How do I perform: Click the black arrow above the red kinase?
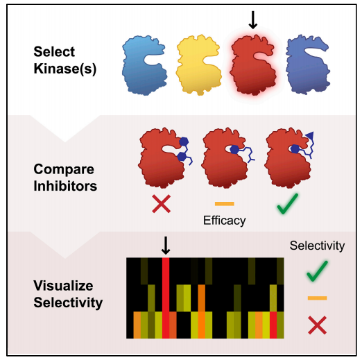253,20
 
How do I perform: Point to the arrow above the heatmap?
166,246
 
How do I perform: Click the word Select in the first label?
54,51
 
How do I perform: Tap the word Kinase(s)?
65,69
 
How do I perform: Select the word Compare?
64,169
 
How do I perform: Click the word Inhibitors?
65,186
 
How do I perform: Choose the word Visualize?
63,286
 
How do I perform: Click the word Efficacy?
225,221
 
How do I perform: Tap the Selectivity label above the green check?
317,246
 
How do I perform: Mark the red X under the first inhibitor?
162,204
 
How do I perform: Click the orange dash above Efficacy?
225,204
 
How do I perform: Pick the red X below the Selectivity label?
318,325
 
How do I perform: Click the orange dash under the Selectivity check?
317,298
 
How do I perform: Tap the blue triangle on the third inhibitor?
310,135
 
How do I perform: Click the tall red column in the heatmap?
166,298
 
